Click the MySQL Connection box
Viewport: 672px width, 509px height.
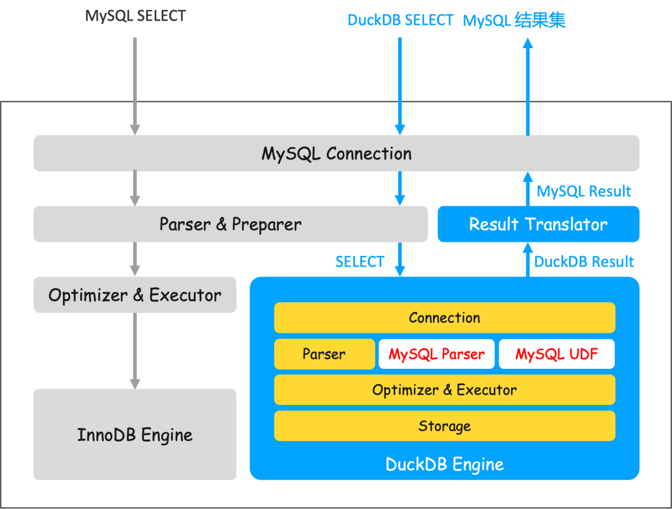coord(336,153)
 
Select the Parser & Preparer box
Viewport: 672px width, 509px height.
coord(230,224)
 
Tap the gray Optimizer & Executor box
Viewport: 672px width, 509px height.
coord(134,295)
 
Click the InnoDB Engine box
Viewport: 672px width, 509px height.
coord(134,434)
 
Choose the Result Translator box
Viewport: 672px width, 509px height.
coord(538,224)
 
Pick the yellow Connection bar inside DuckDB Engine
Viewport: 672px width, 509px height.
coord(444,318)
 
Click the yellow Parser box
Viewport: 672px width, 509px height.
coord(324,354)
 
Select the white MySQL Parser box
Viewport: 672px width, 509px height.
coord(436,354)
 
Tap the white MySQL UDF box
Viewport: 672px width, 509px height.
coord(556,354)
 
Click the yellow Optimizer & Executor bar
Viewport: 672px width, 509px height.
coord(444,390)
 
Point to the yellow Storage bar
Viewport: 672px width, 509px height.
coord(444,426)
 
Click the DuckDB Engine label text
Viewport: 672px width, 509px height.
coord(444,465)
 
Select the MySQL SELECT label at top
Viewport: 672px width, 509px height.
coord(135,16)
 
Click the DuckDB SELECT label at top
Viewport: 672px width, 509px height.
coord(400,20)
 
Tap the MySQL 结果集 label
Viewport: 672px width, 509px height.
coord(514,21)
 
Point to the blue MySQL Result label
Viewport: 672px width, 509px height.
coord(584,191)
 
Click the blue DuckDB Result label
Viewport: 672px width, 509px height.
coord(584,262)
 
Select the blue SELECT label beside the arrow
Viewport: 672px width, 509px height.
coord(360,262)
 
